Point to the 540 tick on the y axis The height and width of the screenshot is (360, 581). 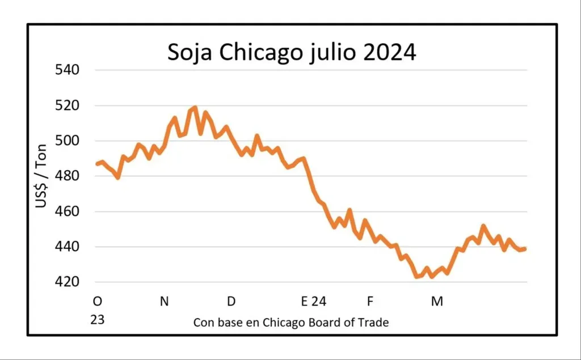[x=66, y=70]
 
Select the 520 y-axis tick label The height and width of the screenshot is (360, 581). [x=66, y=105]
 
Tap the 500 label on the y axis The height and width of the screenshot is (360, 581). [x=66, y=141]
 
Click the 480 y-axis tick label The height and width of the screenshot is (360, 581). [x=66, y=176]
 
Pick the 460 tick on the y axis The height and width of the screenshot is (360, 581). [x=66, y=211]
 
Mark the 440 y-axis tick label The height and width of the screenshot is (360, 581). [x=66, y=247]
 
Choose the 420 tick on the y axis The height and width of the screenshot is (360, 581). [x=66, y=282]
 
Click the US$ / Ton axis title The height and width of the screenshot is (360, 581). [x=41, y=175]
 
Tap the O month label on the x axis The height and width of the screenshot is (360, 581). [x=97, y=301]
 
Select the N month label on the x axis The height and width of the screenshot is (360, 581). [x=164, y=301]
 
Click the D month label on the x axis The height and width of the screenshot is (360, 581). [x=231, y=301]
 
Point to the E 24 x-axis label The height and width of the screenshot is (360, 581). [x=313, y=301]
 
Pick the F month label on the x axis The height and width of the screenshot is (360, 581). [x=369, y=301]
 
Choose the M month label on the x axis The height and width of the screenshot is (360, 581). [x=437, y=301]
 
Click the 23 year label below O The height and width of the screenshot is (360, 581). [x=97, y=320]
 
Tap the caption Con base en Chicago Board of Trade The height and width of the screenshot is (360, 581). [x=291, y=323]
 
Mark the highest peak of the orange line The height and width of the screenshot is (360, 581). [x=195, y=107]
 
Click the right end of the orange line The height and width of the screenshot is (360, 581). [x=525, y=248]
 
